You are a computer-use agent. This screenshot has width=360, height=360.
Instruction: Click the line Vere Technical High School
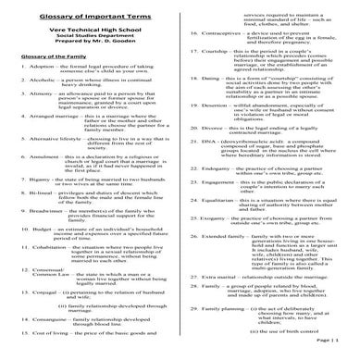[x=89, y=30]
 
